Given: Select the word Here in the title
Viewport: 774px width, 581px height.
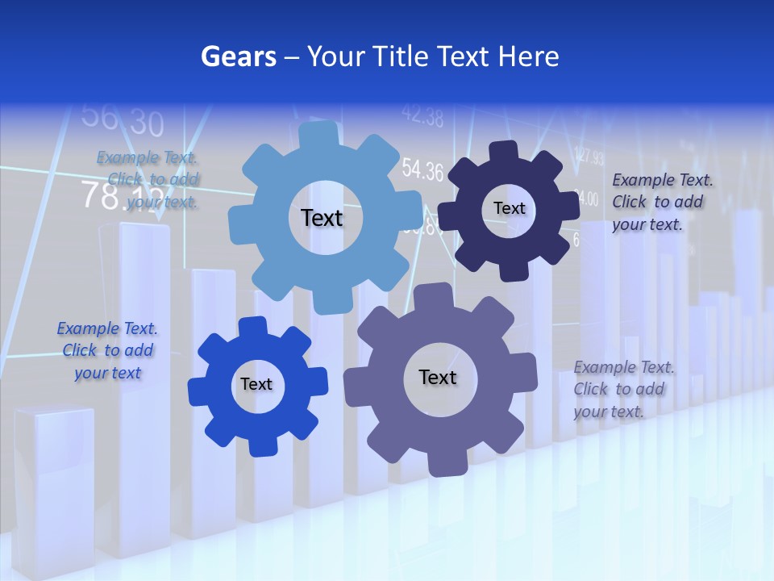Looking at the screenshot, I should (x=528, y=56).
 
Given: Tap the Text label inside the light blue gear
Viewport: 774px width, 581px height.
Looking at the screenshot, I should (x=322, y=218).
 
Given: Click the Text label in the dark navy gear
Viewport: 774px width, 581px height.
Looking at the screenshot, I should (x=509, y=208).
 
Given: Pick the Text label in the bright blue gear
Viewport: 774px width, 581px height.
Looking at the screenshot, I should (x=256, y=384).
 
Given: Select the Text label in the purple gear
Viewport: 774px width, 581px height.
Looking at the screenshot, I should (x=437, y=377).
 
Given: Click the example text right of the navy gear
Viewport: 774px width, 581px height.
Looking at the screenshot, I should (x=661, y=202).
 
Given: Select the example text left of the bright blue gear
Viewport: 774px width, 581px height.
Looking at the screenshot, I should (x=107, y=350).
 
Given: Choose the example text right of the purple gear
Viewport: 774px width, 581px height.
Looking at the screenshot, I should (x=623, y=389).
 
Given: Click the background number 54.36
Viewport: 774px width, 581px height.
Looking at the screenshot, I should (x=422, y=170).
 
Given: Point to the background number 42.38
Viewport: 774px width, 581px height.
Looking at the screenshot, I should (x=422, y=118).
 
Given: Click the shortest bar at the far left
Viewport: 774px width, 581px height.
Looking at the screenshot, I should (x=53, y=476).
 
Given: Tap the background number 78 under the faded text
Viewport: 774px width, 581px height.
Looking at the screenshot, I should (x=102, y=194).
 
